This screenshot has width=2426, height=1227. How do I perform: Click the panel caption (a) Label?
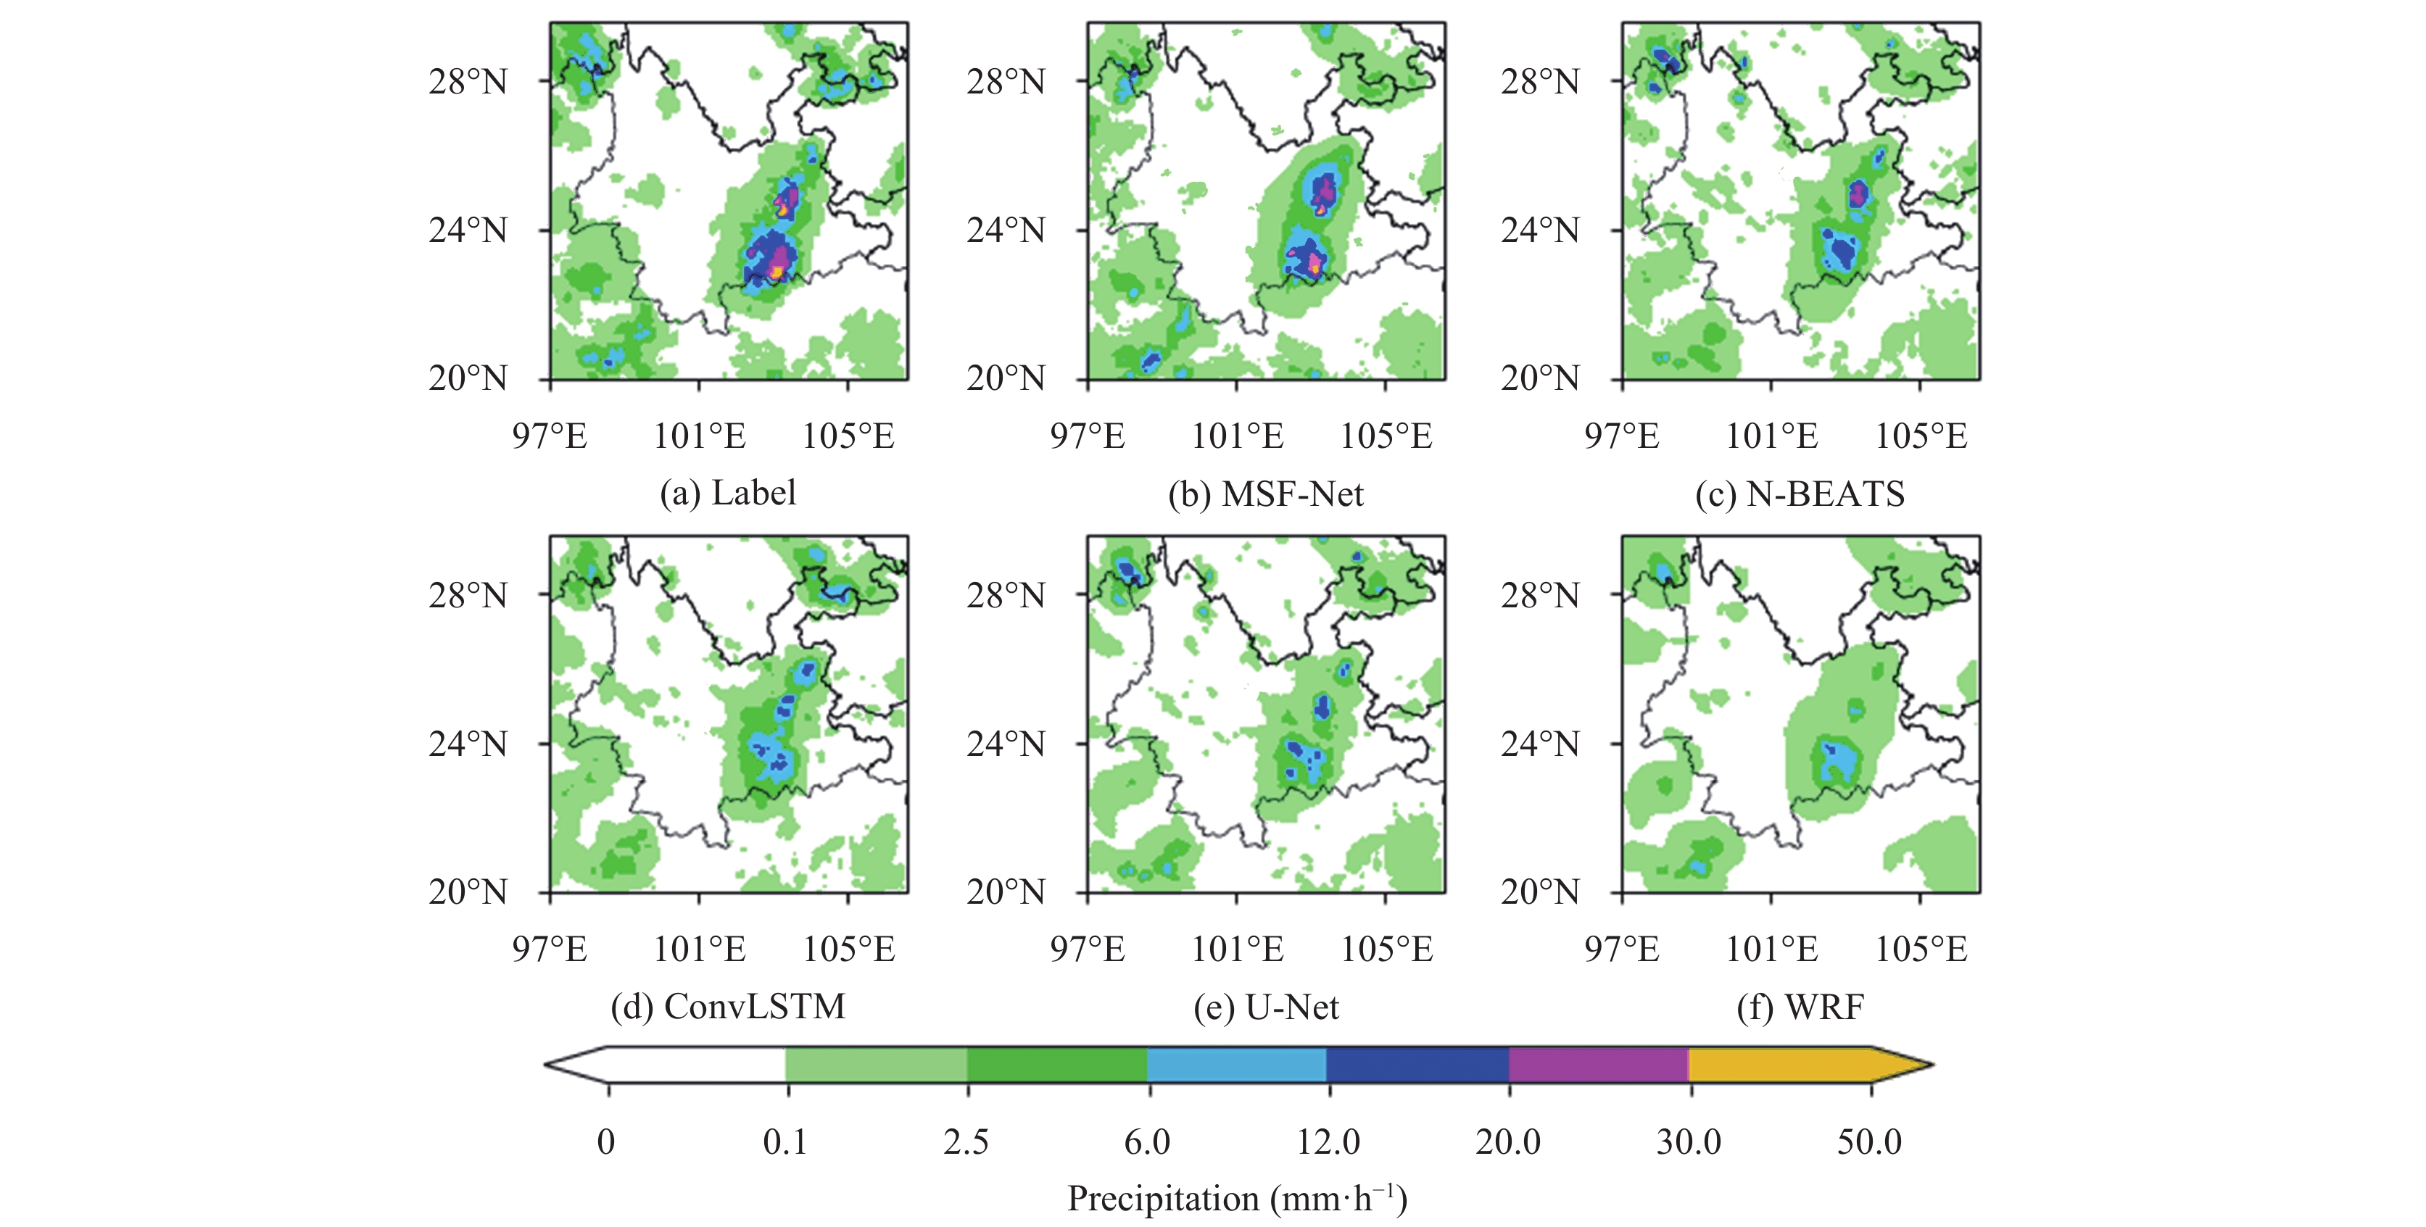(727, 493)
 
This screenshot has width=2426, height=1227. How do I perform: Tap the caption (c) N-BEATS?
(1799, 494)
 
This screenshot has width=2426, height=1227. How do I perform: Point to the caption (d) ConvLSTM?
(727, 1007)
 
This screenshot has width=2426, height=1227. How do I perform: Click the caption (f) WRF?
(1799, 1007)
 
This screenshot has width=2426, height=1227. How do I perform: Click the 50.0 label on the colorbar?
(1869, 1141)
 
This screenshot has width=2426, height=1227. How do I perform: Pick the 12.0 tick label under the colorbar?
(1328, 1141)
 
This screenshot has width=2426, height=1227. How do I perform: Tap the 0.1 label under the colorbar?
(784, 1141)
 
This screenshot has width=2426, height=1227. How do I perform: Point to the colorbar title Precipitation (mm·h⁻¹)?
(1236, 1199)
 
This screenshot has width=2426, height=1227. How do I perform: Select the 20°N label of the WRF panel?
(1540, 891)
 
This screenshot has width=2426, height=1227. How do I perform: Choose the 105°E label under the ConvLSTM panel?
(848, 948)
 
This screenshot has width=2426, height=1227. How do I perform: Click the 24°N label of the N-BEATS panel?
(1540, 230)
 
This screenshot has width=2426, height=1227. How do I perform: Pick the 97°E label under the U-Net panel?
(1087, 948)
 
